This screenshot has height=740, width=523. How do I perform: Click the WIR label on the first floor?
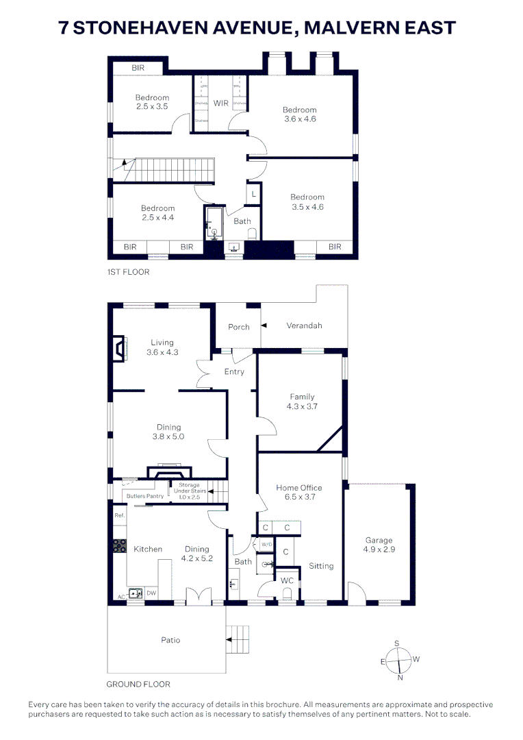(x=220, y=103)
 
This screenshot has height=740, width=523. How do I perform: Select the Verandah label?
(x=304, y=326)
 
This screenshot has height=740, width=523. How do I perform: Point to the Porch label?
(x=239, y=328)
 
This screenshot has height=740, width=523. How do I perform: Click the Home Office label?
(x=299, y=488)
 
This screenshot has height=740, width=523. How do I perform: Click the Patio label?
(x=170, y=640)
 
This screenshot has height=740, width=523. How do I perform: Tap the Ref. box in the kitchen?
(x=119, y=515)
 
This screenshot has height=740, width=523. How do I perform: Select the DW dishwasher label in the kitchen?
(x=151, y=593)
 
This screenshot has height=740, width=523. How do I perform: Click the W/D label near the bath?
(x=267, y=545)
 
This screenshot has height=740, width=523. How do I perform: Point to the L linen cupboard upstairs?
(x=253, y=194)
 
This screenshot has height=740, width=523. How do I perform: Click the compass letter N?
(x=400, y=678)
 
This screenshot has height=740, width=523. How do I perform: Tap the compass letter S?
(x=397, y=643)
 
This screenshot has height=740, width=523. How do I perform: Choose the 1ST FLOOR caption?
(x=128, y=272)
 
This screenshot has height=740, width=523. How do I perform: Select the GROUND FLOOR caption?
(x=138, y=684)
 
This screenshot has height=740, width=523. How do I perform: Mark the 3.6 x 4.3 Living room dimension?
(x=162, y=352)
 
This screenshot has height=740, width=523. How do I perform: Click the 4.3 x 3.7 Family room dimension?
(x=302, y=406)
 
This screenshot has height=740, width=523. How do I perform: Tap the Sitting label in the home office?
(x=321, y=566)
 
